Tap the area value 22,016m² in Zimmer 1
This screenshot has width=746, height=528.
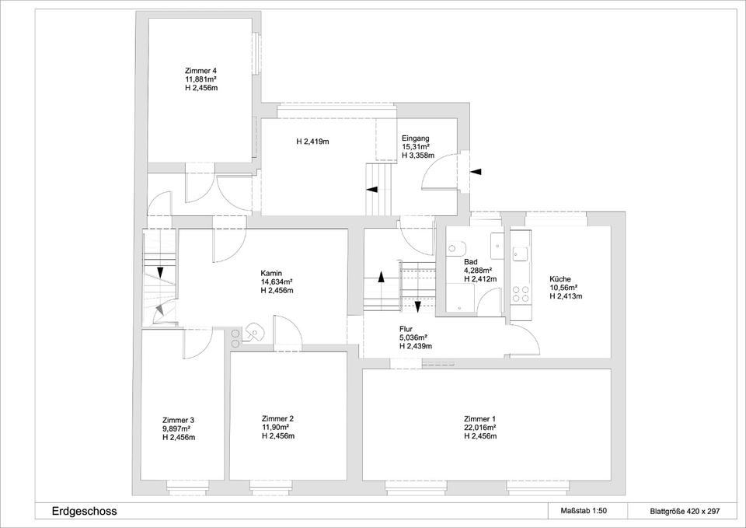480,427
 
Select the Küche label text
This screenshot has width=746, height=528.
560,279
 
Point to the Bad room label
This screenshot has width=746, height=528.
471,262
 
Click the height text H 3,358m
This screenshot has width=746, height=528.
418,156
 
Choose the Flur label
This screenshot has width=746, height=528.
406,329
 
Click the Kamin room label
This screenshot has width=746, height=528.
271,273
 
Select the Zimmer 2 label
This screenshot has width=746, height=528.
277,418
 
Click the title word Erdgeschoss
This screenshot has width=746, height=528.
84,512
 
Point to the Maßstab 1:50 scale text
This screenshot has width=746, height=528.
584,512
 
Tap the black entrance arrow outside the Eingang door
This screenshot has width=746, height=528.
476,171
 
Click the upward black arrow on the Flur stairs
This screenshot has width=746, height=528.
381,278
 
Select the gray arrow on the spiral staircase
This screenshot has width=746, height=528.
161,309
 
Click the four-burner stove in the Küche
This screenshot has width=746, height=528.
520,294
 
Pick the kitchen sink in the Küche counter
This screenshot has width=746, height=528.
520,255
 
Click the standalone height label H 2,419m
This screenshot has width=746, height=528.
313,142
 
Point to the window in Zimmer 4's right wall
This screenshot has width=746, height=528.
257,53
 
